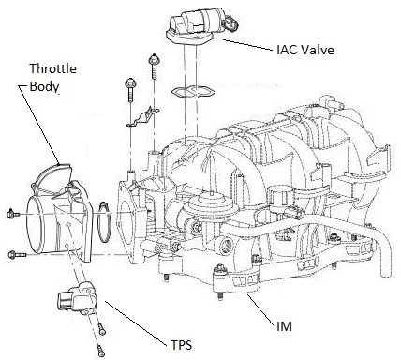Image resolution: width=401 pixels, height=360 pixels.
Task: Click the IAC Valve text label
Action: [305, 50]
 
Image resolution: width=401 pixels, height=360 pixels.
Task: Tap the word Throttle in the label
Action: [52, 68]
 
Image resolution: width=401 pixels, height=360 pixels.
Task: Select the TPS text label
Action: [181, 345]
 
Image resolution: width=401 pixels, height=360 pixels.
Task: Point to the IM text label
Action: [284, 326]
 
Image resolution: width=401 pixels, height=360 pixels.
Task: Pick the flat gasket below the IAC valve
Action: [193, 92]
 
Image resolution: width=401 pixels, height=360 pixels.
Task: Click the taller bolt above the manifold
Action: [154, 66]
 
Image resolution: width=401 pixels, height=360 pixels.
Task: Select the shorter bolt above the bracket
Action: [130, 90]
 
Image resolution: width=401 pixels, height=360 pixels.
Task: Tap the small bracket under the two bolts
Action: [142, 117]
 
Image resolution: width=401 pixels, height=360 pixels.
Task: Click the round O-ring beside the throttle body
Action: [104, 222]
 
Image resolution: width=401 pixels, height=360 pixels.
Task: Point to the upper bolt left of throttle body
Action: [13, 214]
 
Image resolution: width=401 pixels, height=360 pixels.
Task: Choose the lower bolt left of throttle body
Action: [17, 254]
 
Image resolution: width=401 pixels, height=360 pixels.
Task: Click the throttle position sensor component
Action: [77, 296]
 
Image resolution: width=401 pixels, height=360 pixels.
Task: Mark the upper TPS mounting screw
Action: [101, 329]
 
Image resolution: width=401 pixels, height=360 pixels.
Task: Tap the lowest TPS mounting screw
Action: [100, 350]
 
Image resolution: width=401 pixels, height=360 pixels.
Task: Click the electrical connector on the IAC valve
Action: [230, 22]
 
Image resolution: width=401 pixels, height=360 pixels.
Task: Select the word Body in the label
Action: [44, 86]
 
